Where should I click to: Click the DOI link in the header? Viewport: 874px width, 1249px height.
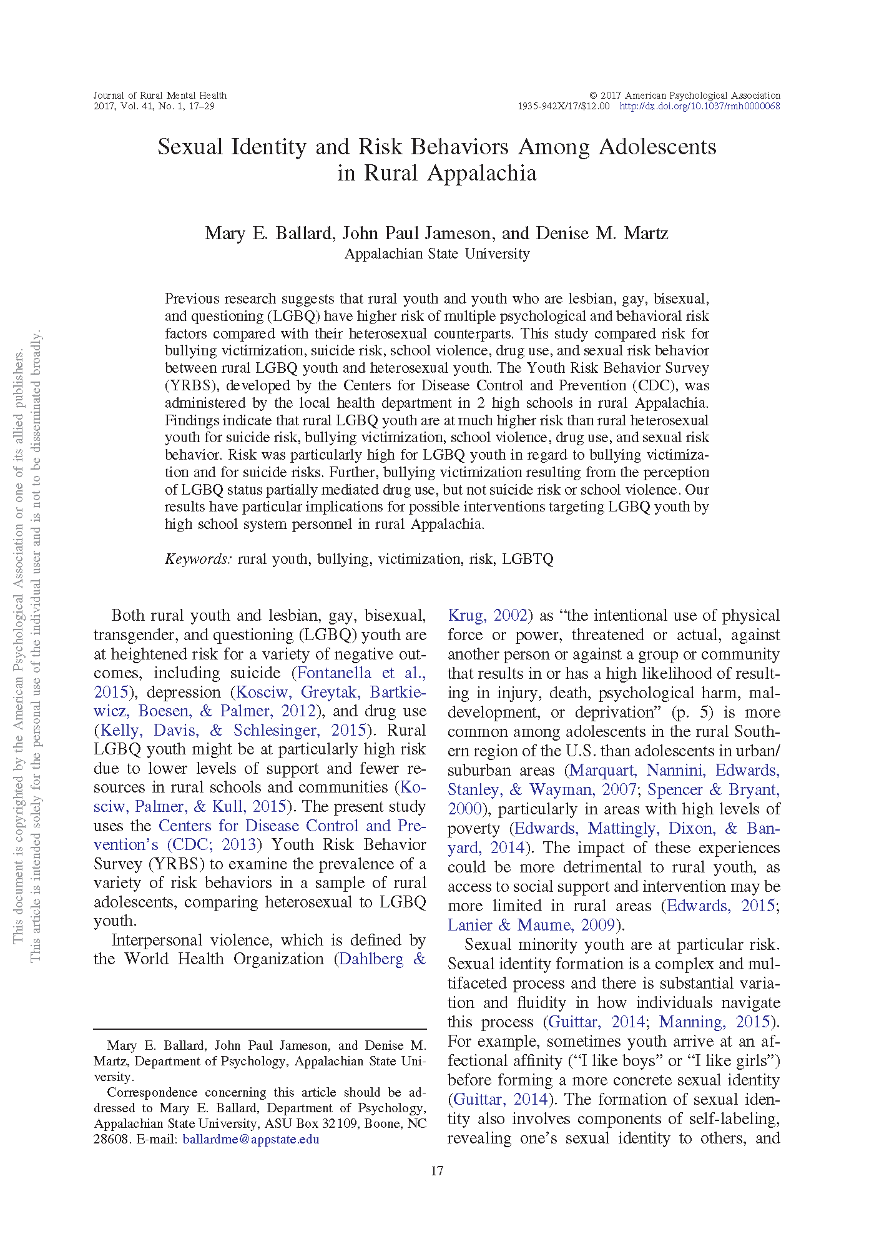tap(699, 106)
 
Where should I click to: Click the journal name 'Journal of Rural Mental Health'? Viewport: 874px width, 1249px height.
tap(160, 96)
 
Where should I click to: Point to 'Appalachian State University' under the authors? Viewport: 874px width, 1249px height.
tap(437, 254)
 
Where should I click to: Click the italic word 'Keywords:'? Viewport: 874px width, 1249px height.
tap(199, 559)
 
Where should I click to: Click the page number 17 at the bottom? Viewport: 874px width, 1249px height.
tap(437, 1170)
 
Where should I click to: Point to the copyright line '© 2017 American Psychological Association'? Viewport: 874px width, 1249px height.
tap(685, 96)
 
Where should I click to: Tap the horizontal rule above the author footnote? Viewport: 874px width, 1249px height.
tap(260, 1029)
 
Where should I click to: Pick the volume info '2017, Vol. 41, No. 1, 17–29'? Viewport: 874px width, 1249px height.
tap(154, 106)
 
